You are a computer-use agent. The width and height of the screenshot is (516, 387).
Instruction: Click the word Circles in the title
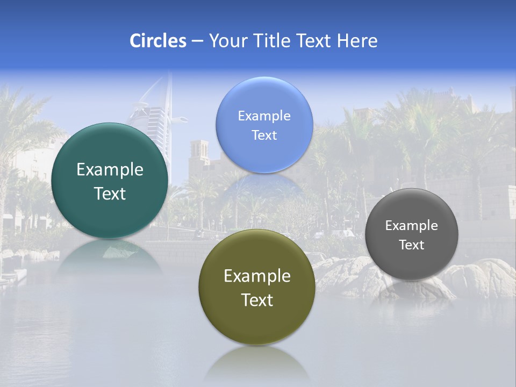[x=157, y=41]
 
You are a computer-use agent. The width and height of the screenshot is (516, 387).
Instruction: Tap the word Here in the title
[x=357, y=41]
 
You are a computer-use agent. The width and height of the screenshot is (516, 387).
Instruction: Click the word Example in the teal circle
[x=110, y=170]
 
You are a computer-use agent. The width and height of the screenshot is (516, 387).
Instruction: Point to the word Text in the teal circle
[x=110, y=193]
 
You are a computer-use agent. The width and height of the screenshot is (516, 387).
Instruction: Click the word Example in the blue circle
[x=264, y=116]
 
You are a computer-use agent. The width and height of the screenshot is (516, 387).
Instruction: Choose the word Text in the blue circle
[x=264, y=135]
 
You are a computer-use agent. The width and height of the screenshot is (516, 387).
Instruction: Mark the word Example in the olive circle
[x=257, y=276]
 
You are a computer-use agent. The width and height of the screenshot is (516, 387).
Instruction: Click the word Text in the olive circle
[x=257, y=300]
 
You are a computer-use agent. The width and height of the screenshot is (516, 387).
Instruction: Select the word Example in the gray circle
[x=412, y=226]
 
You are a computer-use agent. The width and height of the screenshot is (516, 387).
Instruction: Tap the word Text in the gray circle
[x=412, y=245]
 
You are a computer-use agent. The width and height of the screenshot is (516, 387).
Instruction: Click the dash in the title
[x=197, y=41]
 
